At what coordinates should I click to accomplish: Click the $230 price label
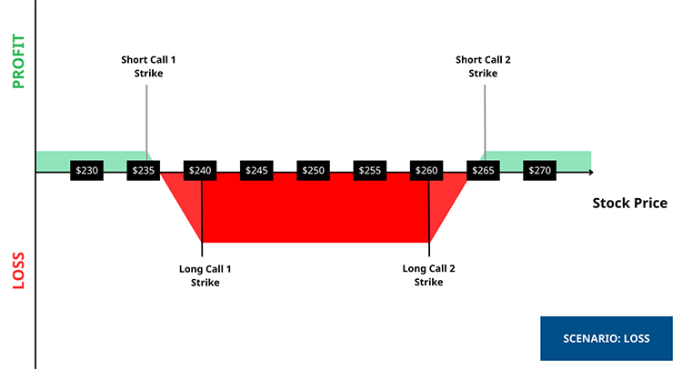(x=86, y=170)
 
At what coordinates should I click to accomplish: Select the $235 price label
(x=144, y=170)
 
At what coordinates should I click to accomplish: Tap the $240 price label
(x=200, y=170)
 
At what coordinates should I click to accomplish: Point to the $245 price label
(x=256, y=170)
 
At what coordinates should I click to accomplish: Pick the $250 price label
(x=314, y=170)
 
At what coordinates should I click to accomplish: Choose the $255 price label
(x=370, y=170)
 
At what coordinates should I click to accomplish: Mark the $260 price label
(x=426, y=170)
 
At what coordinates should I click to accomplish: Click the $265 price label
(x=483, y=170)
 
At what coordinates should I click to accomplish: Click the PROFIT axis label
(x=18, y=61)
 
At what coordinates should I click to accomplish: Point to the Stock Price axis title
(x=629, y=203)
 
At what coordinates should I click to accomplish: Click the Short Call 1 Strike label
(x=146, y=66)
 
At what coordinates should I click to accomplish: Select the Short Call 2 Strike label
(x=483, y=66)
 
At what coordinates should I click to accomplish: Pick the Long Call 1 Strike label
(x=205, y=275)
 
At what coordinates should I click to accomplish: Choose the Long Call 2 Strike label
(x=428, y=275)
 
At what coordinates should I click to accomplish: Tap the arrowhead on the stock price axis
(x=590, y=171)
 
